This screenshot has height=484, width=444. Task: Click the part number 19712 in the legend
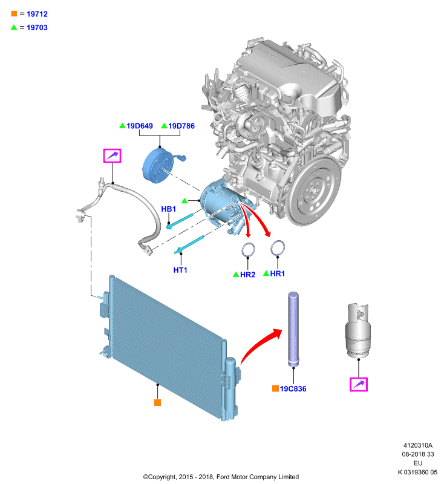[37, 14]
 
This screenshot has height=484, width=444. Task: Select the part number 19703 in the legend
[37, 27]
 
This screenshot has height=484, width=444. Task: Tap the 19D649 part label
[140, 126]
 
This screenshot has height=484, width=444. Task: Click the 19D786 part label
[181, 126]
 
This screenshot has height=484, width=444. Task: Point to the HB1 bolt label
[169, 209]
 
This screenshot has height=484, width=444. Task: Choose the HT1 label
[180, 270]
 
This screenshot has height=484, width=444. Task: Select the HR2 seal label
[248, 275]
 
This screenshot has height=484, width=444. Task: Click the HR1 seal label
[278, 273]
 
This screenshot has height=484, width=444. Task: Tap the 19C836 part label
[293, 388]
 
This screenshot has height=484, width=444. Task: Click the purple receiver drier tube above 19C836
[293, 329]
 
